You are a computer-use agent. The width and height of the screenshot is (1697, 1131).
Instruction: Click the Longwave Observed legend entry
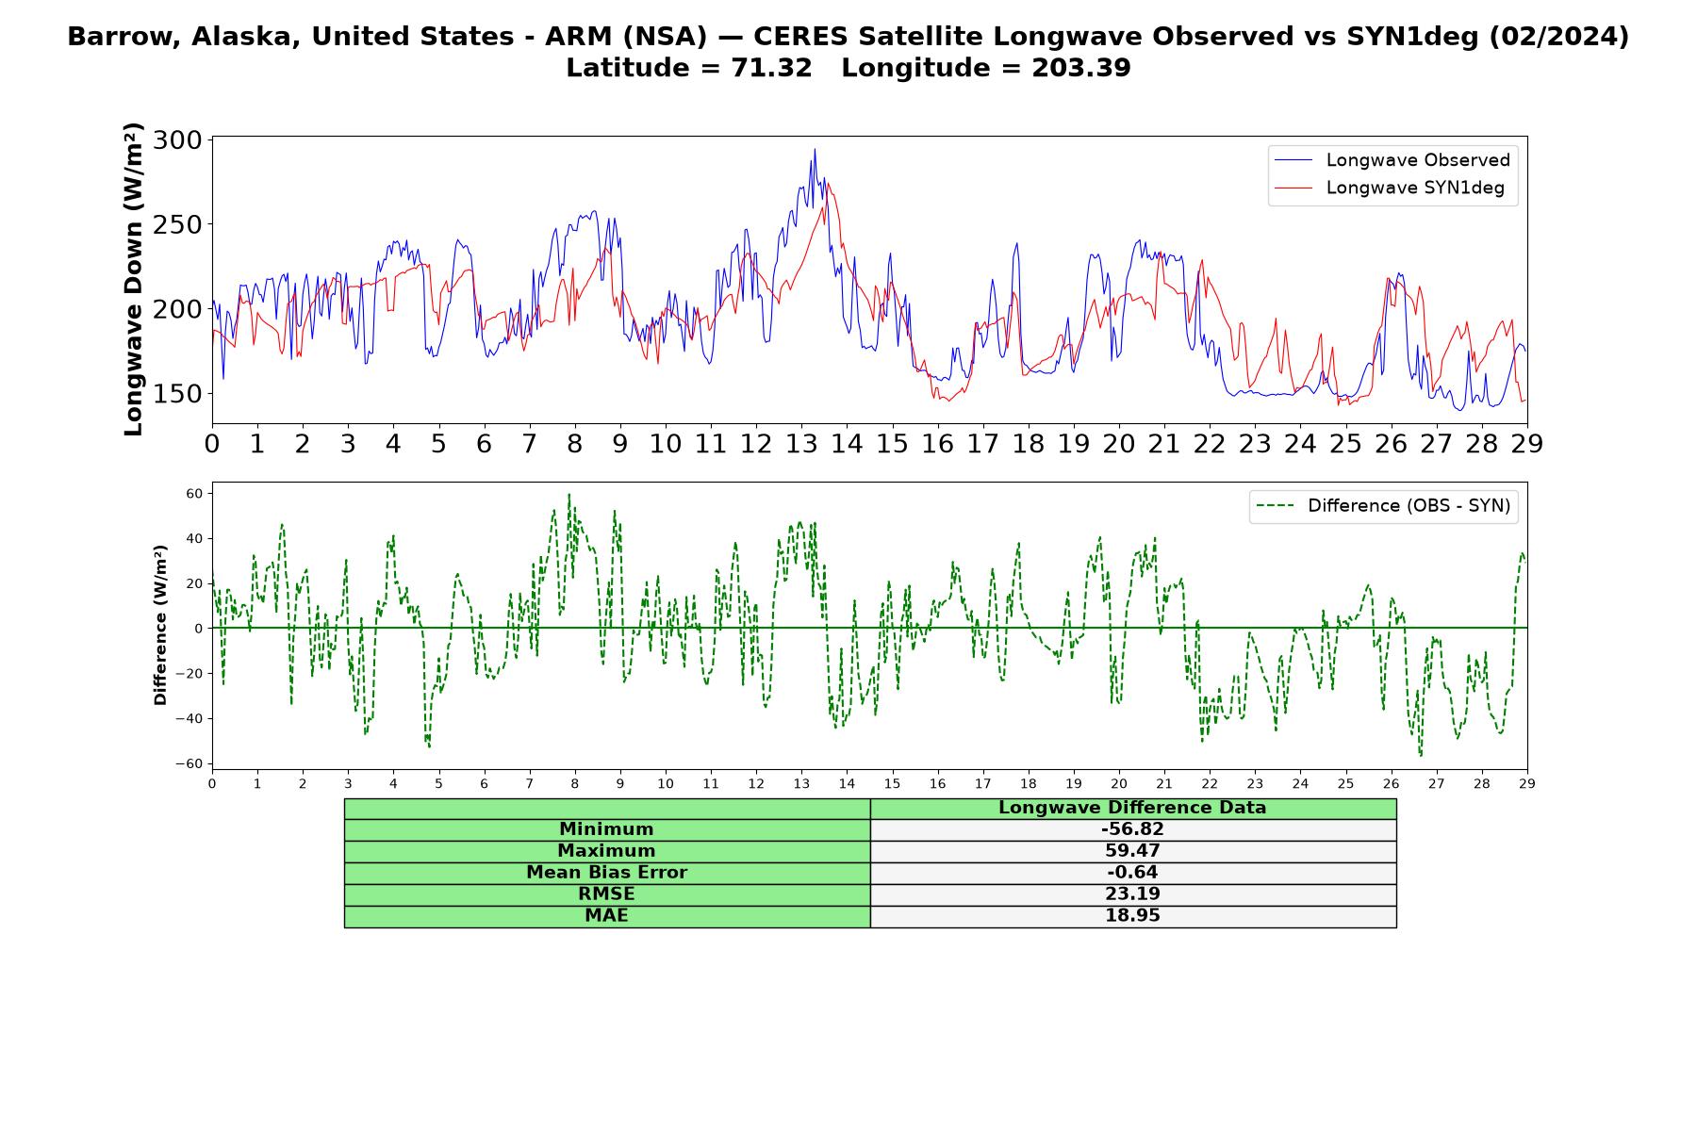(1392, 160)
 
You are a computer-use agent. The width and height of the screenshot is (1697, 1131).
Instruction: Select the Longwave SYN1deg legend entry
(1390, 188)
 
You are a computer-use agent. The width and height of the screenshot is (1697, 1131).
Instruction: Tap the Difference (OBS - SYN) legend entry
(1383, 506)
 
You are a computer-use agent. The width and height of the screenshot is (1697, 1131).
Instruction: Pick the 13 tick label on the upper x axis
(801, 443)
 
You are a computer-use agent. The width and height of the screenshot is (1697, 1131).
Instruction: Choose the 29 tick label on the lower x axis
(1527, 783)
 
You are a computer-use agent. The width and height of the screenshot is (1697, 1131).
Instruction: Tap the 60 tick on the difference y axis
(195, 493)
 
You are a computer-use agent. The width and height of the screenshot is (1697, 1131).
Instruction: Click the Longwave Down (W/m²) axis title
(133, 279)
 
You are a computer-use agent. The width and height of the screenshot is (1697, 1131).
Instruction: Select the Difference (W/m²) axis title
(160, 625)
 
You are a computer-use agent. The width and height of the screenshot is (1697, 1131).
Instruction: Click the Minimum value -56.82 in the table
(1132, 829)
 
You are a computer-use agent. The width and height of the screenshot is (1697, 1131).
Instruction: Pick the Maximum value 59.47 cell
(1132, 851)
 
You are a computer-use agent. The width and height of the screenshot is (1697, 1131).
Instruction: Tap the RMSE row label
(606, 894)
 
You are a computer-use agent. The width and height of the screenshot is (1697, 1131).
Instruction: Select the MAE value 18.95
(1132, 916)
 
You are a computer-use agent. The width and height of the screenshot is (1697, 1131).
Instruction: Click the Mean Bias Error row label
(606, 873)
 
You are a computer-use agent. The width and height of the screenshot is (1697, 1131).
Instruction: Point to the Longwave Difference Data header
(1132, 808)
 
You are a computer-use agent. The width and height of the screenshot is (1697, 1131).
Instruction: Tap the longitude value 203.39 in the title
(1081, 68)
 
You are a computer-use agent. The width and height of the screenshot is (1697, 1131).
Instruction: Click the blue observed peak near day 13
(815, 150)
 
